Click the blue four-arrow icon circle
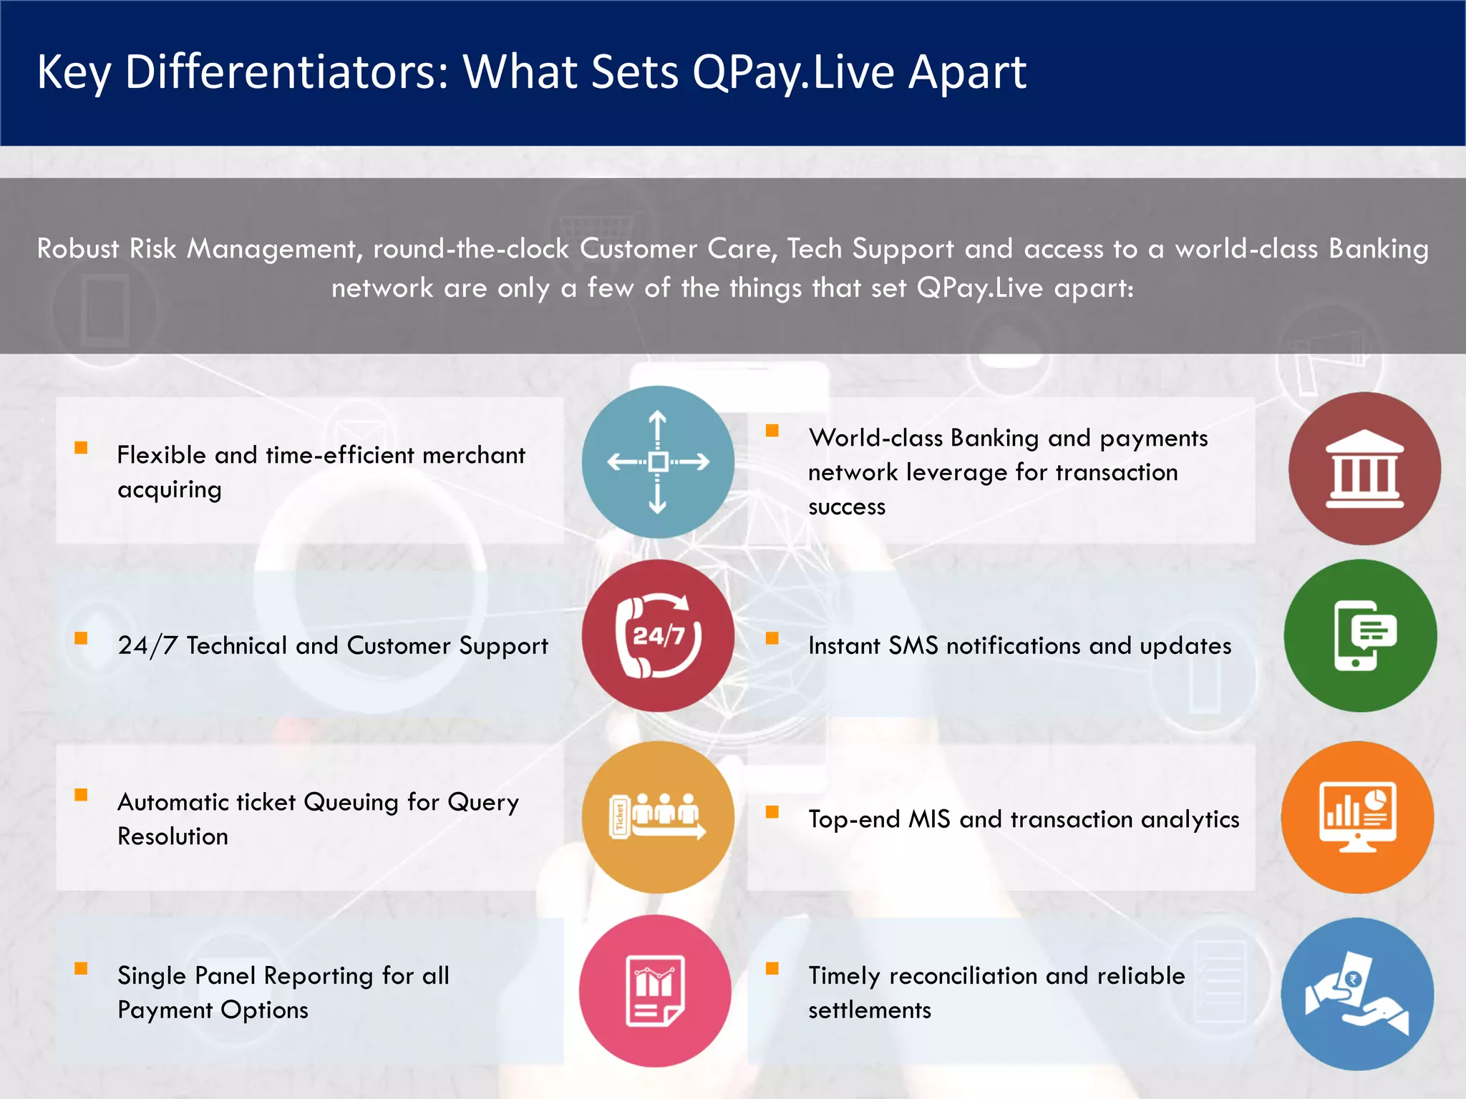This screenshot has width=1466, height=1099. tap(658, 462)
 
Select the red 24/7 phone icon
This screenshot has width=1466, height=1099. tap(658, 635)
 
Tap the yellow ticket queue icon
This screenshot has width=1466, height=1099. tap(658, 817)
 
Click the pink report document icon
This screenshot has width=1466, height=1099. tap(655, 991)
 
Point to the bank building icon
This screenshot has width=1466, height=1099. tap(1364, 469)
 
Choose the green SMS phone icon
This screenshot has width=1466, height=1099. tap(1360, 635)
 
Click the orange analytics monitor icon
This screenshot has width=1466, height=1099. tap(1357, 817)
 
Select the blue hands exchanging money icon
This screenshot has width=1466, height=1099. tap(1357, 994)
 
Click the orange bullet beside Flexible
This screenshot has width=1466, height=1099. tap(81, 448)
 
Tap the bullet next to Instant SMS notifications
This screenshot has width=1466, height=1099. tap(772, 638)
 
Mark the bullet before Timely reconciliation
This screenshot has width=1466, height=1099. tap(772, 969)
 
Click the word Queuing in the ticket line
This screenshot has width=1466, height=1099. tap(351, 803)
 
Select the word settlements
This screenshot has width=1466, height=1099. tap(870, 1010)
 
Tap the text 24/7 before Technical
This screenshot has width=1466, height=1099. tap(147, 645)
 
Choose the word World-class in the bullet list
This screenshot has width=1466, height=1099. tap(875, 438)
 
